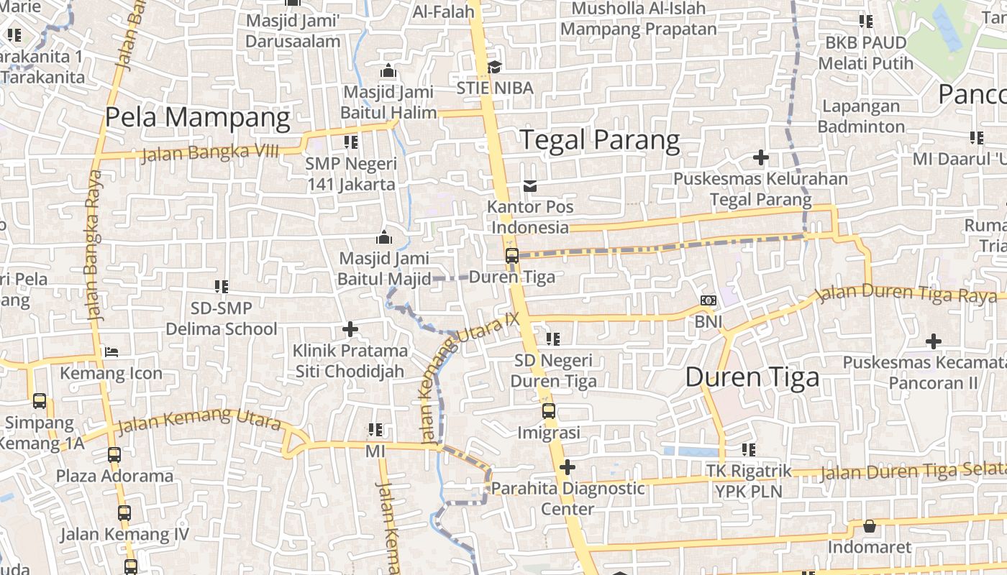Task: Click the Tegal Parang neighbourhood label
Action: click(x=599, y=140)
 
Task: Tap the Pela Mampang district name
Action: click(x=198, y=117)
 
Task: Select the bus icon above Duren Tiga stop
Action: click(x=512, y=256)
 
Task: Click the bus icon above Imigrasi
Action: click(x=549, y=411)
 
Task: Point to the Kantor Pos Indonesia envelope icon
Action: click(x=530, y=186)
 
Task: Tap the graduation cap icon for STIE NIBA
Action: click(x=494, y=67)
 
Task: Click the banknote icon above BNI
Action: click(x=708, y=300)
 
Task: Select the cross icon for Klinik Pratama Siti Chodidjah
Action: click(x=350, y=330)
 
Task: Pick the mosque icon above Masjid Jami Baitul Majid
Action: click(x=384, y=237)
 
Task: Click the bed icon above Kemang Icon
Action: click(x=111, y=352)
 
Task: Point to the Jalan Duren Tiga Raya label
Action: click(x=906, y=293)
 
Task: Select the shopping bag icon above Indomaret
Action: click(x=870, y=527)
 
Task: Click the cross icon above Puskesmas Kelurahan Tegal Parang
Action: click(x=760, y=157)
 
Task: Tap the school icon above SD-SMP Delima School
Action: click(x=222, y=287)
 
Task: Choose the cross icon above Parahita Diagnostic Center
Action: click(x=568, y=468)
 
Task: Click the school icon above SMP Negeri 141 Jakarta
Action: click(x=351, y=142)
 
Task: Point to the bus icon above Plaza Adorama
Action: click(x=114, y=455)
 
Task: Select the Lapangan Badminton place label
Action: click(x=861, y=116)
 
